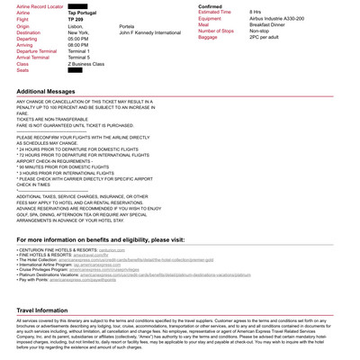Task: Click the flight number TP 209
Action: click(77, 19)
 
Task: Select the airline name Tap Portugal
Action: click(83, 13)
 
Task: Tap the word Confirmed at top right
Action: click(210, 6)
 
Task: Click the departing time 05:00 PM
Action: click(78, 39)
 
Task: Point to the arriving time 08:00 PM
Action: click(78, 45)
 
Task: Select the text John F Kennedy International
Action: click(149, 32)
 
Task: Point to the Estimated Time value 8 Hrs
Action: click(255, 12)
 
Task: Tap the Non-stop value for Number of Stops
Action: click(261, 31)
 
